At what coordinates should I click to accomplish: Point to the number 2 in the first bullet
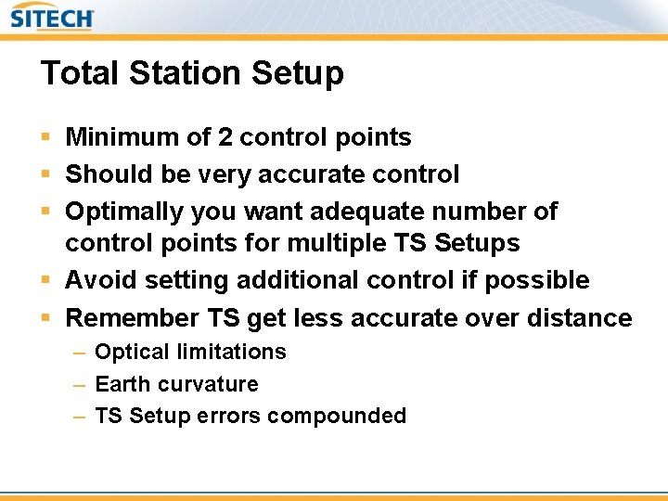[x=225, y=137]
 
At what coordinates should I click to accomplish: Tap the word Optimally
[x=124, y=212]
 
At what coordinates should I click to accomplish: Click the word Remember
[x=132, y=318]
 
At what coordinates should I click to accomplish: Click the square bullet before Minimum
[x=46, y=138]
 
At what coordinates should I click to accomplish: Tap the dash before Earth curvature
[x=80, y=384]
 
